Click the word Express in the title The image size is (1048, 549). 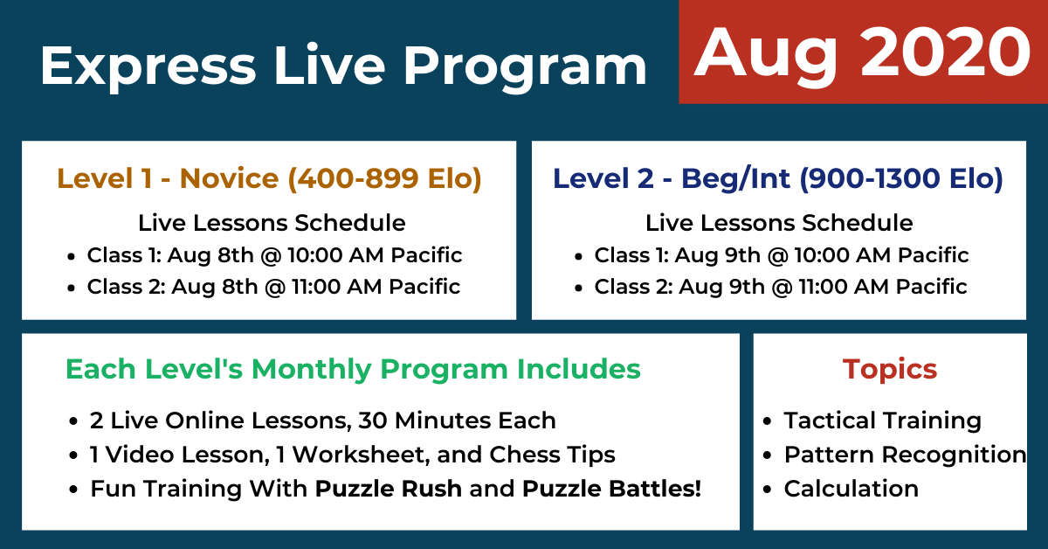tap(148, 67)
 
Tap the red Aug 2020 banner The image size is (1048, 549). tap(863, 52)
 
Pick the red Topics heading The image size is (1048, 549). tap(890, 370)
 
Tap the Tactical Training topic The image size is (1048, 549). tap(883, 420)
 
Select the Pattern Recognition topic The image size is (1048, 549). tap(906, 455)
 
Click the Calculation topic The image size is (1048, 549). tap(851, 489)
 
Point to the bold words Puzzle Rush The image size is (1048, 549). tap(389, 489)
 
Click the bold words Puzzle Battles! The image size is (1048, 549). tap(611, 489)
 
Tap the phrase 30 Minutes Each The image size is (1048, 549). tap(457, 420)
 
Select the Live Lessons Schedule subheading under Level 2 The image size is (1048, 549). tap(779, 223)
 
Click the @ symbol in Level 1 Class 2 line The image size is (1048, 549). tap(274, 287)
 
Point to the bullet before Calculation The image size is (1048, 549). tap(767, 490)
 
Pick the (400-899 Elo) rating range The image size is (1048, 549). tap(384, 178)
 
